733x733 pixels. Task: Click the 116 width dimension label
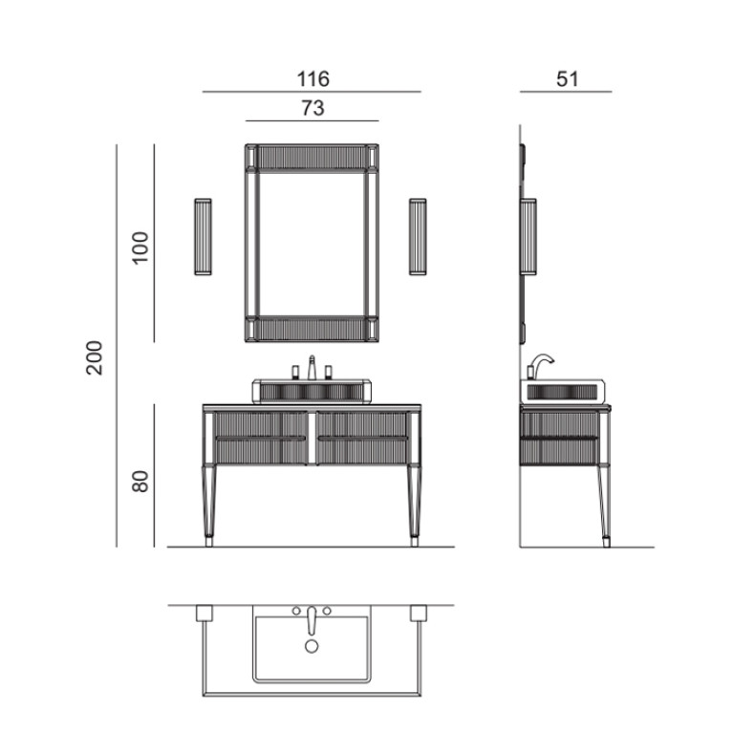tap(313, 78)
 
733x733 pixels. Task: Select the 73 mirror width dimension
tap(313, 108)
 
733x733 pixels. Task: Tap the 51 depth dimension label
tap(568, 78)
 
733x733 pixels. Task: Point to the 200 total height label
tap(95, 357)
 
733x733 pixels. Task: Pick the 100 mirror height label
tap(140, 248)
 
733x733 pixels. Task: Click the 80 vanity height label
tap(140, 481)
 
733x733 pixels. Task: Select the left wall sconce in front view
tap(203, 237)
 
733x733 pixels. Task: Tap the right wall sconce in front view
tap(418, 237)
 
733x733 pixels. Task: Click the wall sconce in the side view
tap(528, 237)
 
